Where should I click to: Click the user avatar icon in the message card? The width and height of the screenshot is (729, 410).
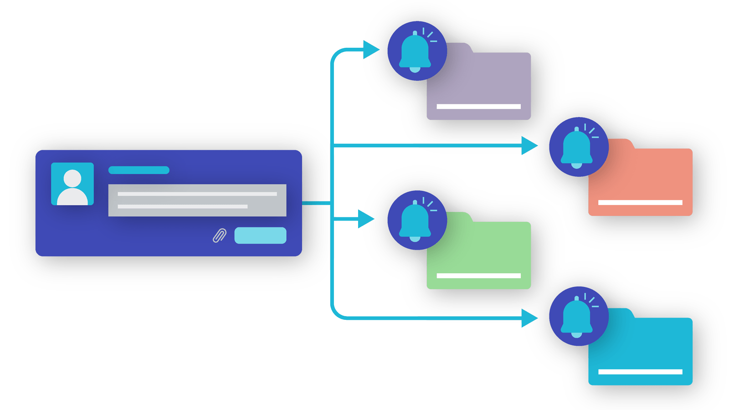[x=72, y=184]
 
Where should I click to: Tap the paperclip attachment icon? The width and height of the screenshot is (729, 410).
[x=220, y=236]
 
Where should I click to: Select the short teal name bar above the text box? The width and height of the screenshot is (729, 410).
[x=139, y=170]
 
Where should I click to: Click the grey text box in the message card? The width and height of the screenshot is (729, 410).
[x=197, y=200]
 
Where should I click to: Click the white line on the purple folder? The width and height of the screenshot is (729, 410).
[x=478, y=107]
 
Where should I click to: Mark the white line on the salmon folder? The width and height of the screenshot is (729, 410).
[x=640, y=202]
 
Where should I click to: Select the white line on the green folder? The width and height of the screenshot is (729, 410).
[x=478, y=276]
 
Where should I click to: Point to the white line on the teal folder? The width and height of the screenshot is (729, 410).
[x=640, y=372]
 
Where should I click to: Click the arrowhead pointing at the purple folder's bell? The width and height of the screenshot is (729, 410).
[x=370, y=49]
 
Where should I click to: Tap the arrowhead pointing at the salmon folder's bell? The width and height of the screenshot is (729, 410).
[x=529, y=146]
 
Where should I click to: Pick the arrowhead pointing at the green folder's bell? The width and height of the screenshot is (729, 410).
[x=365, y=219]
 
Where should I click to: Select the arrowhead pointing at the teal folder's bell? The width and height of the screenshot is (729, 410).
[x=529, y=318]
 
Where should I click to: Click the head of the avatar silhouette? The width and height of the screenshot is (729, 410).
[x=72, y=178]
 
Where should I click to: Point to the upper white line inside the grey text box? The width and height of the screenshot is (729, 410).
[x=197, y=194]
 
